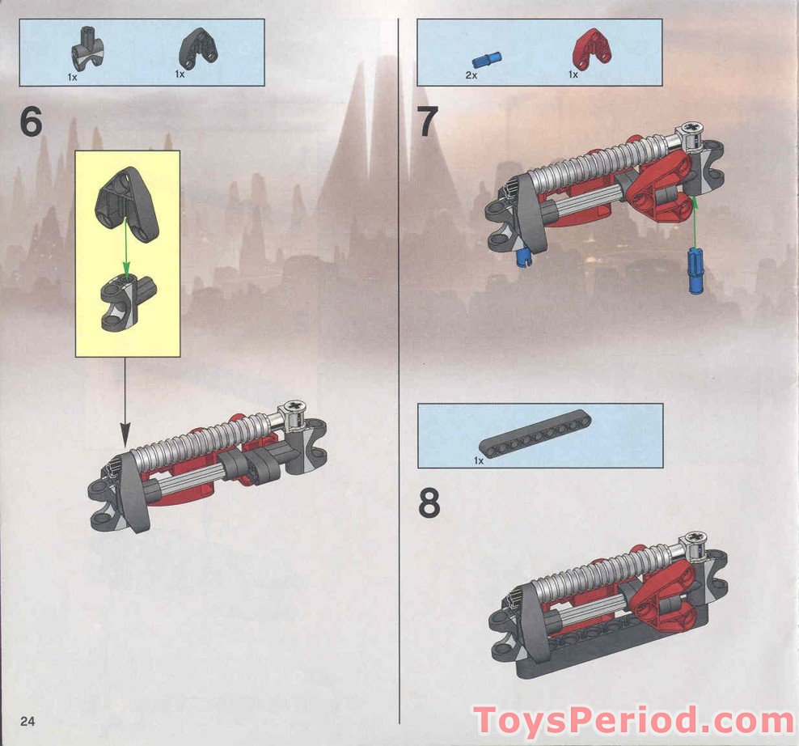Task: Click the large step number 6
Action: [x=31, y=123]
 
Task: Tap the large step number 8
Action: [x=429, y=502]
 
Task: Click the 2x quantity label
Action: [x=471, y=74]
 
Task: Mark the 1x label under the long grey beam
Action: [x=479, y=460]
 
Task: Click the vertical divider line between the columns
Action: [x=400, y=364]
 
